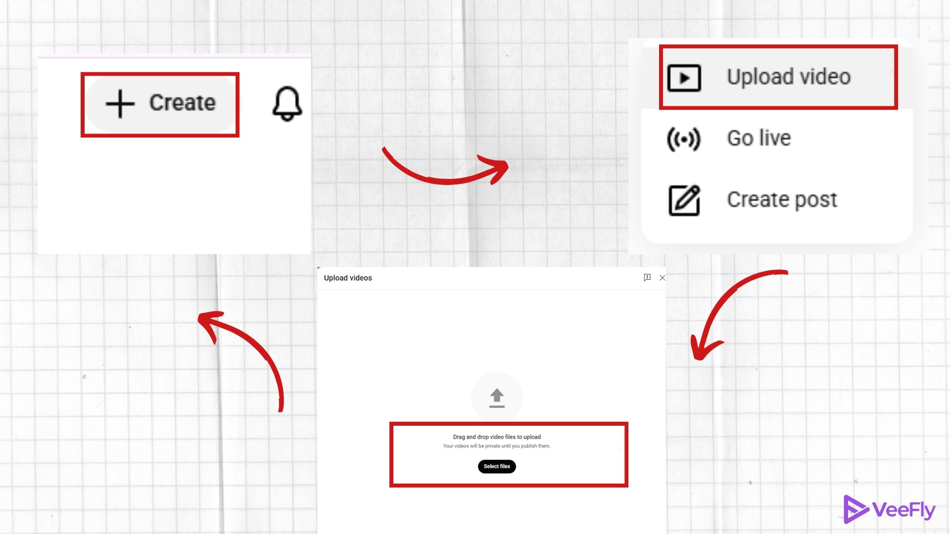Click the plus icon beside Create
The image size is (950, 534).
click(x=120, y=104)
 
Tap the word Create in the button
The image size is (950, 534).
click(x=183, y=103)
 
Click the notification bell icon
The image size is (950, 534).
click(x=287, y=104)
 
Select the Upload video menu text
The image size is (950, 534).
click(x=789, y=77)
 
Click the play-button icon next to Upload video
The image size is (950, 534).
click(x=684, y=78)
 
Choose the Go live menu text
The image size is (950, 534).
click(x=759, y=138)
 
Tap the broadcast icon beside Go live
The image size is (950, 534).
click(x=684, y=139)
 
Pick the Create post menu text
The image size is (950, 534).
click(x=782, y=200)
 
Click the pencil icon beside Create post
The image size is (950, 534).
click(x=684, y=200)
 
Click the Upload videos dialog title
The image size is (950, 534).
click(x=348, y=278)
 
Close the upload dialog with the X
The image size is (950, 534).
click(x=662, y=278)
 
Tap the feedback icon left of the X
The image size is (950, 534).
click(x=647, y=277)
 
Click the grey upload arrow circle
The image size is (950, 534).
click(x=497, y=398)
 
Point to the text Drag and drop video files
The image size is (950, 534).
click(x=484, y=437)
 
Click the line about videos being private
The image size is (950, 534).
click(x=497, y=446)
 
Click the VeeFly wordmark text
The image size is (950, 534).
click(x=903, y=510)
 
